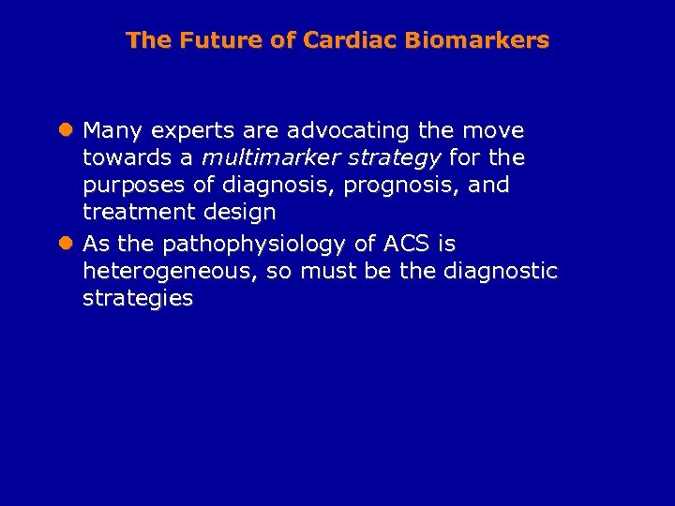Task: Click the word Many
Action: pyautogui.click(x=114, y=129)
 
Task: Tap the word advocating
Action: pyautogui.click(x=336, y=130)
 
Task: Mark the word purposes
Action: pyautogui.click(x=128, y=186)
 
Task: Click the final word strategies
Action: pyautogui.click(x=138, y=300)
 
